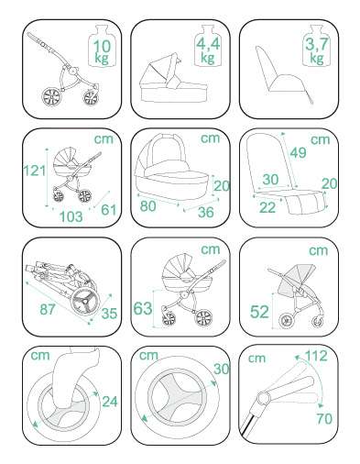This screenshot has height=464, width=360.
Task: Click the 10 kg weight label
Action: (x=103, y=51)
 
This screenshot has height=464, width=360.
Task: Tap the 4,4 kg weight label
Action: (x=208, y=50)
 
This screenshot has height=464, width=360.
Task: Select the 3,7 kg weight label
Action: (x=317, y=50)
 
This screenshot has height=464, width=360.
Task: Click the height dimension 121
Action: (x=35, y=171)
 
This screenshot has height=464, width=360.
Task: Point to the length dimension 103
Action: (x=71, y=216)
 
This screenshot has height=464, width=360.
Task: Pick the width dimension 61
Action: (x=109, y=210)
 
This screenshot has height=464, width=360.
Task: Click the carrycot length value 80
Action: (x=148, y=206)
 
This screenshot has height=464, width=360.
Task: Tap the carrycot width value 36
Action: (x=206, y=212)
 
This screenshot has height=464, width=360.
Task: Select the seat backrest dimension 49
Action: (x=299, y=152)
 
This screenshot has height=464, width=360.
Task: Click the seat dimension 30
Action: (x=270, y=180)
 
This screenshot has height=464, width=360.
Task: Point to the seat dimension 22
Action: (x=267, y=207)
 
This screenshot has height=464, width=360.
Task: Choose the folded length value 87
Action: (x=48, y=309)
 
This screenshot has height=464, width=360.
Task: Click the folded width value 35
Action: (x=109, y=314)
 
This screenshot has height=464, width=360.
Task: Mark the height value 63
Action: (x=143, y=308)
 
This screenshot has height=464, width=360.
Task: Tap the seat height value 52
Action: (x=259, y=312)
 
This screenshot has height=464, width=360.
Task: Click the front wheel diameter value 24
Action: (x=110, y=402)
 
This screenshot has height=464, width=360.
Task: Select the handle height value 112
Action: (x=316, y=356)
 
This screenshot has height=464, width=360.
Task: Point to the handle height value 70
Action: (x=324, y=418)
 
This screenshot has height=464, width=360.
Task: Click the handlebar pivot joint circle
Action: (x=264, y=398)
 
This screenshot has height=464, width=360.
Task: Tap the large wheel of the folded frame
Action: (x=85, y=302)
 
